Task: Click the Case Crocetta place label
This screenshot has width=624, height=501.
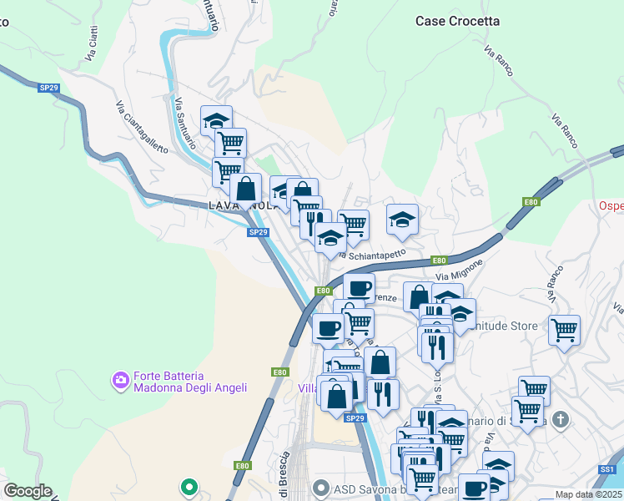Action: pos(458,21)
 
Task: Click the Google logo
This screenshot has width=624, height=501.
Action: pos(28,491)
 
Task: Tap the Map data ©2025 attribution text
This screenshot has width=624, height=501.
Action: pos(589,494)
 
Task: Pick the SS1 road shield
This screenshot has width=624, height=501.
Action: pos(606,470)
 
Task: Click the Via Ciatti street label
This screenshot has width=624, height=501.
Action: pos(91,45)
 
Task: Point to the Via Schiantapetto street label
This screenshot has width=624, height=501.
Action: pos(375,253)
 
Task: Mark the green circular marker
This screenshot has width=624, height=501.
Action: pos(189,485)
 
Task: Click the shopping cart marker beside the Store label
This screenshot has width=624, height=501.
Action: pos(564,329)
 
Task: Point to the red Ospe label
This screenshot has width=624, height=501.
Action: pos(611,206)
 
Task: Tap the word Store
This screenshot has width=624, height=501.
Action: pos(521,326)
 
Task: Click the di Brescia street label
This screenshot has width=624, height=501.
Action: pos(284,476)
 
